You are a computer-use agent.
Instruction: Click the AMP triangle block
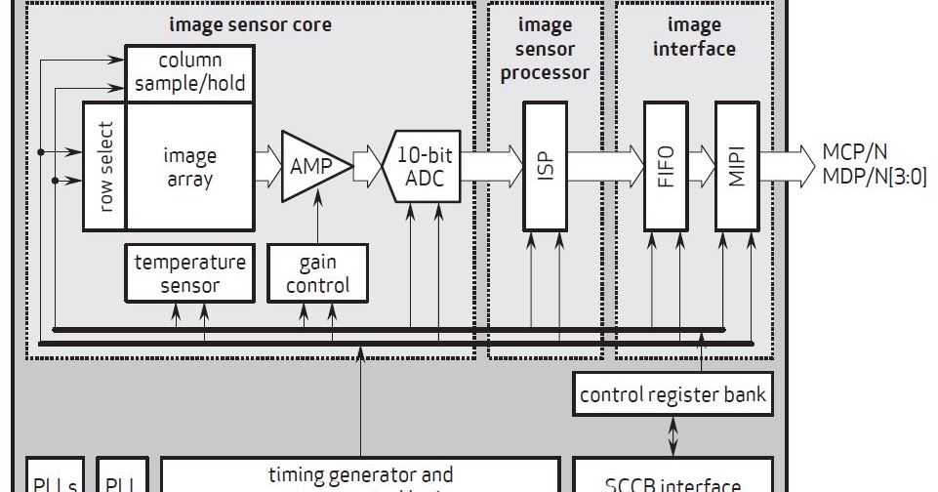(310, 166)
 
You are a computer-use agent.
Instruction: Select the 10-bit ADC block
(426, 165)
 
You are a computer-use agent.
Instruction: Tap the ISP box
(545, 165)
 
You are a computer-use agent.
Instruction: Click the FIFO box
(667, 165)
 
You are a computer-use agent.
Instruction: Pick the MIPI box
(737, 165)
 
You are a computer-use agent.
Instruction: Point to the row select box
(104, 165)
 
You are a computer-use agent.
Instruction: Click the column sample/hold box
(189, 72)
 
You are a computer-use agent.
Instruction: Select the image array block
(190, 166)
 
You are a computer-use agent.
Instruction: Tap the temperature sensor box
(189, 272)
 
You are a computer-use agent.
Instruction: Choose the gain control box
(318, 272)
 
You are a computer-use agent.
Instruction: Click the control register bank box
(673, 394)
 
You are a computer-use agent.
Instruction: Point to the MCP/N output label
(855, 153)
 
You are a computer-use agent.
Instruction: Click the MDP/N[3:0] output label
(874, 176)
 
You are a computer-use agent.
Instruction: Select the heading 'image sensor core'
(250, 25)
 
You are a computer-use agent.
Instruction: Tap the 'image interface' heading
(694, 36)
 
